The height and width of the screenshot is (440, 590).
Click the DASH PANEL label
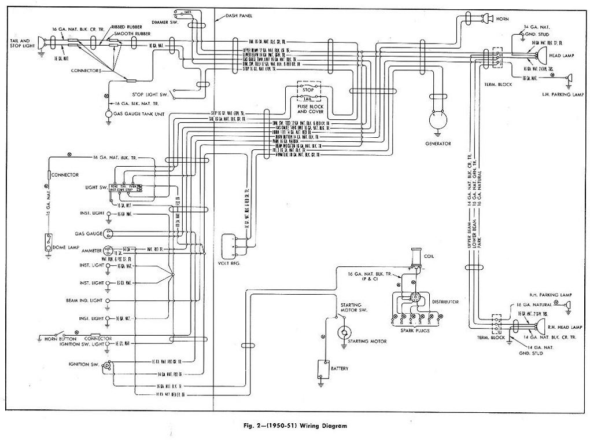[x=239, y=15]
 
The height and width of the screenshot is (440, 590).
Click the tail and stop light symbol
[x=42, y=41]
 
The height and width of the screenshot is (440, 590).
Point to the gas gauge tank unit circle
[x=108, y=114]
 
